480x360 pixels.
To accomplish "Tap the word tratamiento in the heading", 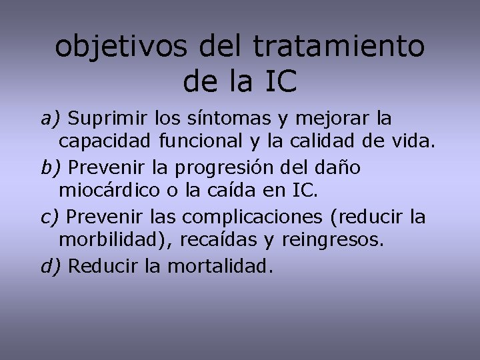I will pyautogui.click(x=339, y=47).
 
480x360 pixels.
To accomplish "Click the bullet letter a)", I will pyautogui.click(x=50, y=119).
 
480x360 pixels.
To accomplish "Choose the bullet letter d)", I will pyautogui.click(x=50, y=267).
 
